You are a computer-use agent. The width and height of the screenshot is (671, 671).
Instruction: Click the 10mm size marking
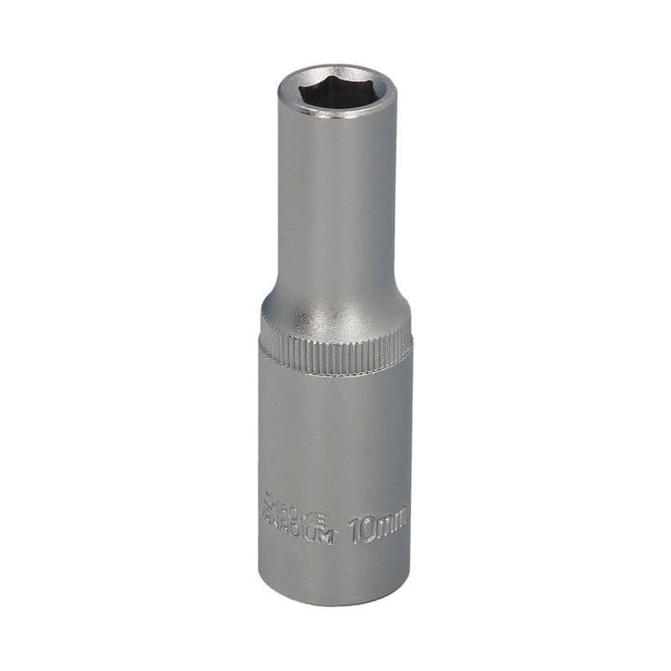pyautogui.click(x=378, y=528)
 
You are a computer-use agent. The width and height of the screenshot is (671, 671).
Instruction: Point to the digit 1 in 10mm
pyautogui.click(x=355, y=529)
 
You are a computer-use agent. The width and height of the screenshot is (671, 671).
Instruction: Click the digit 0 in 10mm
pyautogui.click(x=367, y=529)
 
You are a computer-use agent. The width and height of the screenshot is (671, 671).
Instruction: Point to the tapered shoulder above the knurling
pyautogui.click(x=335, y=306)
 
